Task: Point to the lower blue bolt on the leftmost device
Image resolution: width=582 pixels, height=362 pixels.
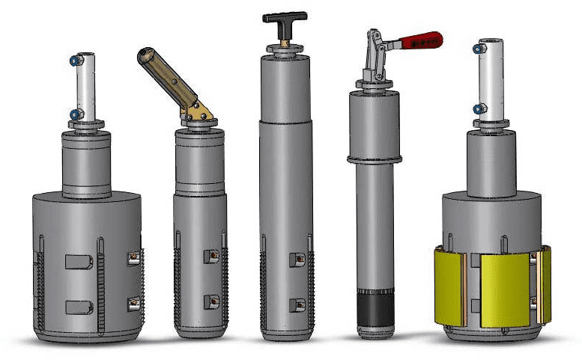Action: pyautogui.click(x=76, y=114)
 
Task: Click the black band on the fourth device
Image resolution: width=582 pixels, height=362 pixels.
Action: pyautogui.click(x=376, y=308)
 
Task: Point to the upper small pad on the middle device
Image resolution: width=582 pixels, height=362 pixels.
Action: pyautogui.click(x=297, y=260)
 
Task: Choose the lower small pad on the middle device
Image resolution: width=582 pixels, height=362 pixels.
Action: pyautogui.click(x=297, y=304)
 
